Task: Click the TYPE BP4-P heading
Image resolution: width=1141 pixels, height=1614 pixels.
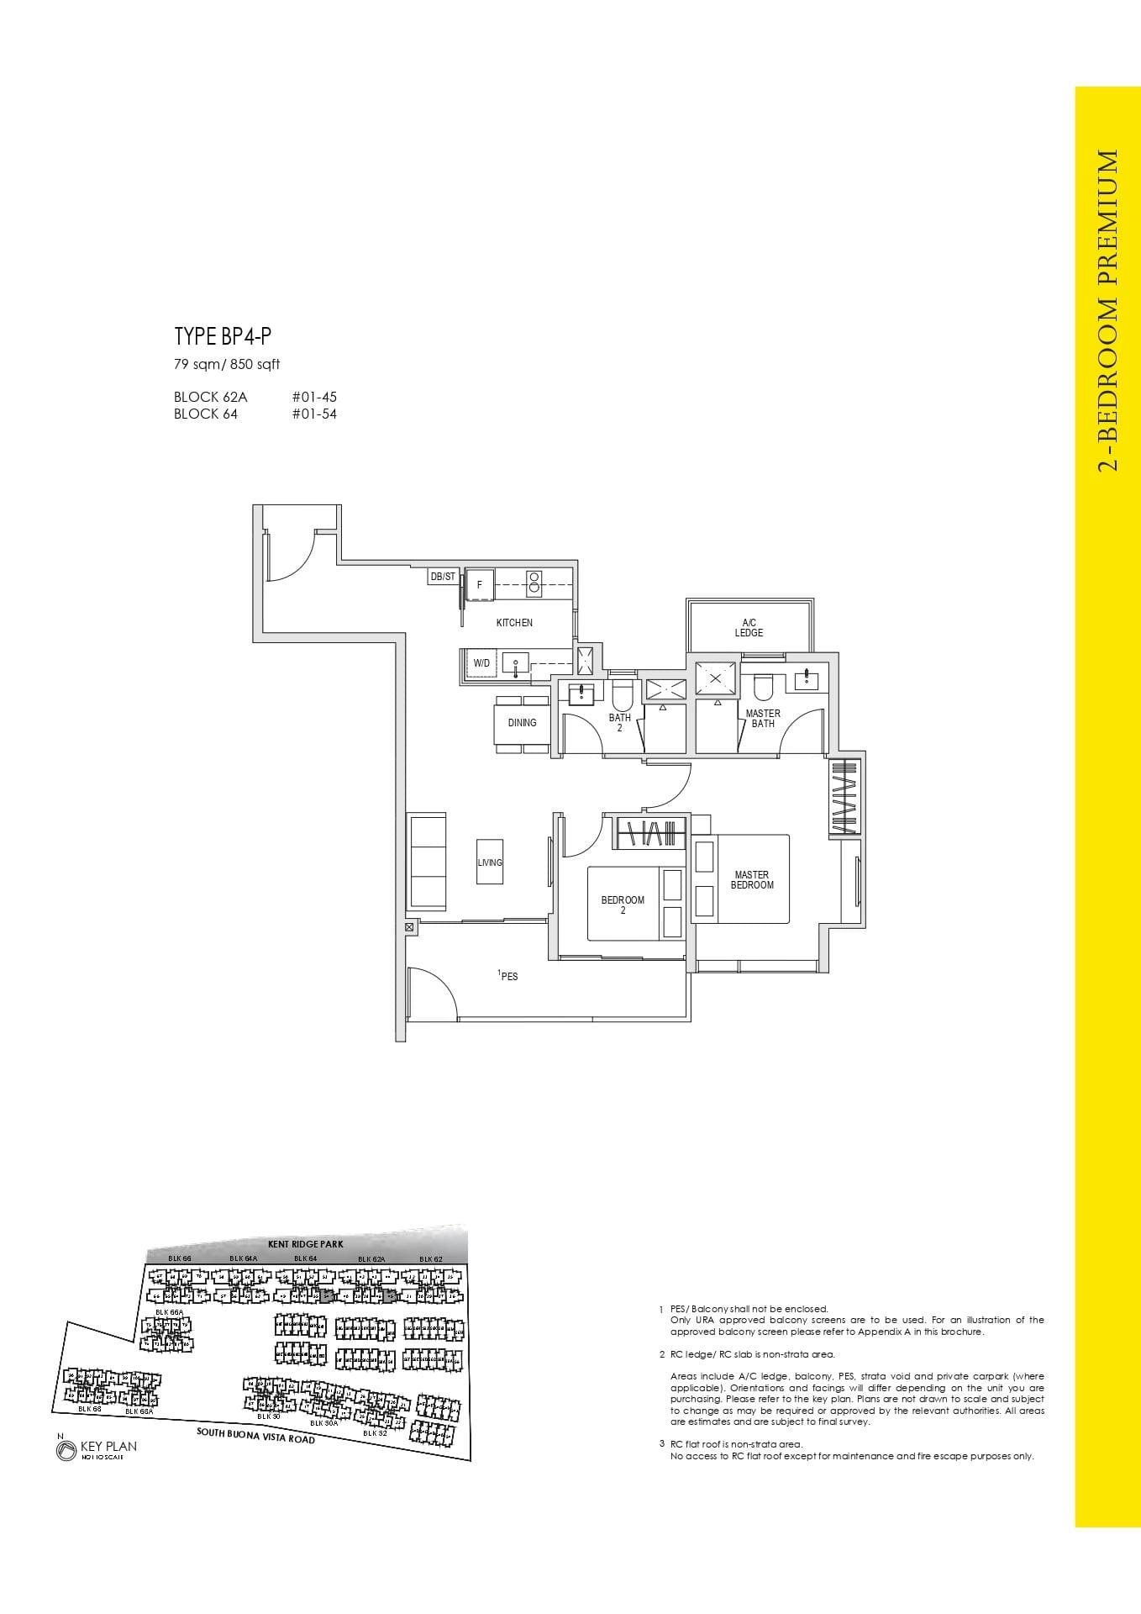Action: click(x=223, y=337)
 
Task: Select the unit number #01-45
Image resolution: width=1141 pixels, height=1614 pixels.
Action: click(x=314, y=397)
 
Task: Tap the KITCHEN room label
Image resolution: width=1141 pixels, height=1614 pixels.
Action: click(x=514, y=623)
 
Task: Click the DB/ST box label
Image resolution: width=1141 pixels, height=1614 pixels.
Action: click(x=443, y=577)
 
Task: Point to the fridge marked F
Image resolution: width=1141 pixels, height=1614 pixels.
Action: click(x=480, y=584)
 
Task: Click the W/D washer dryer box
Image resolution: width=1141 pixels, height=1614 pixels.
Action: click(x=481, y=663)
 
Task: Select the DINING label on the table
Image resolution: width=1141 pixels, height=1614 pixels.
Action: click(x=522, y=723)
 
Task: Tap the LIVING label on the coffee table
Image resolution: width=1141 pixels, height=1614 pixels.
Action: click(x=490, y=862)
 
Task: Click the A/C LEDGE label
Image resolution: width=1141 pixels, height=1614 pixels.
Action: click(x=749, y=628)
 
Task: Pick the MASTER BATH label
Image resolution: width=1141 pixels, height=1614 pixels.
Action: click(x=763, y=719)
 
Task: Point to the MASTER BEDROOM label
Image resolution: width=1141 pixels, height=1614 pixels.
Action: click(x=752, y=880)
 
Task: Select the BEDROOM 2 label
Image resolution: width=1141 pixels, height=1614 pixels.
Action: click(x=623, y=905)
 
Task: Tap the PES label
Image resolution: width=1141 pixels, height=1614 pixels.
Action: click(x=508, y=977)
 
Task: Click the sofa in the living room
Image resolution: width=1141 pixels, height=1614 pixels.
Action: click(x=427, y=860)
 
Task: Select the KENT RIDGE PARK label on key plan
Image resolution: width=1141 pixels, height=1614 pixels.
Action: click(x=305, y=1244)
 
